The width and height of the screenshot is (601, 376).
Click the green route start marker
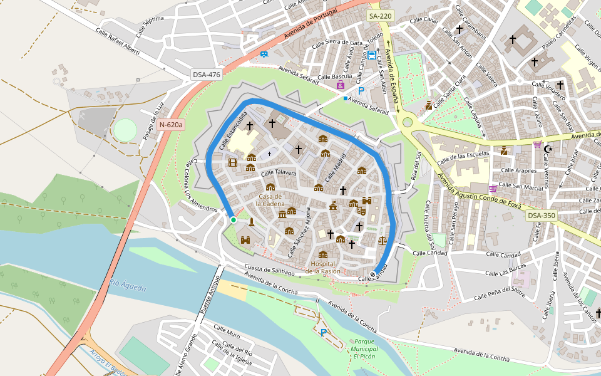(234, 219)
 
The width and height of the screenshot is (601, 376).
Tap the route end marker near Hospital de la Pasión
(372, 274)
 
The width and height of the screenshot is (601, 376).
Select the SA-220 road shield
(380, 17)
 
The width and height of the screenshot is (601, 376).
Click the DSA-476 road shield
(207, 75)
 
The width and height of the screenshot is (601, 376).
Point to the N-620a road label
(171, 125)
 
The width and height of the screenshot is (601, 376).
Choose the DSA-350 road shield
(541, 216)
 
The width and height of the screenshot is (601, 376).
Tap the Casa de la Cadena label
(270, 200)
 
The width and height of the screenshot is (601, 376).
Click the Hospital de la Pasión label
(323, 268)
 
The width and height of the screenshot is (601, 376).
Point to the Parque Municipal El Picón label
(364, 348)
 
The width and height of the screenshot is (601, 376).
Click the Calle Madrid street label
(336, 168)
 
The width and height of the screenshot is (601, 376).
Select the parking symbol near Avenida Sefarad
(361, 91)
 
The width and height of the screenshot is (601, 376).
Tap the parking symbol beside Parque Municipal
(323, 333)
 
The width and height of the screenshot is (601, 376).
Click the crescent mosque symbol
(549, 149)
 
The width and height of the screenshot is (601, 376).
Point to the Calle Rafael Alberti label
(118, 41)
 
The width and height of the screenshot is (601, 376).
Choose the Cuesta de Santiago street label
(269, 270)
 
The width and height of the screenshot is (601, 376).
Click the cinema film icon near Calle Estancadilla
(234, 163)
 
